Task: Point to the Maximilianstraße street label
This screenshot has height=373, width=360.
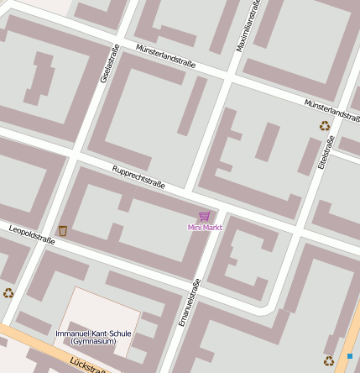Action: coord(249,26)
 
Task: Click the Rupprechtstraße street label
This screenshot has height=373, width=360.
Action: coord(138,176)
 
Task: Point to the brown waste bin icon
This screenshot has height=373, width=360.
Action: coord(63,230)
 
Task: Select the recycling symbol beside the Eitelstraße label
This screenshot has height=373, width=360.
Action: coord(325,126)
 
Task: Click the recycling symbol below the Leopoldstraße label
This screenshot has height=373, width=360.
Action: coord(8,292)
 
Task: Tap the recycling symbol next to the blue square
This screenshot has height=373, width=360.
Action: coord(329,361)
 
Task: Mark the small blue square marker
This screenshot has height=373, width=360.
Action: coord(349,356)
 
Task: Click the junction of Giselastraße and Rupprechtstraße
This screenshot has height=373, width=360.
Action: coord(78,151)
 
